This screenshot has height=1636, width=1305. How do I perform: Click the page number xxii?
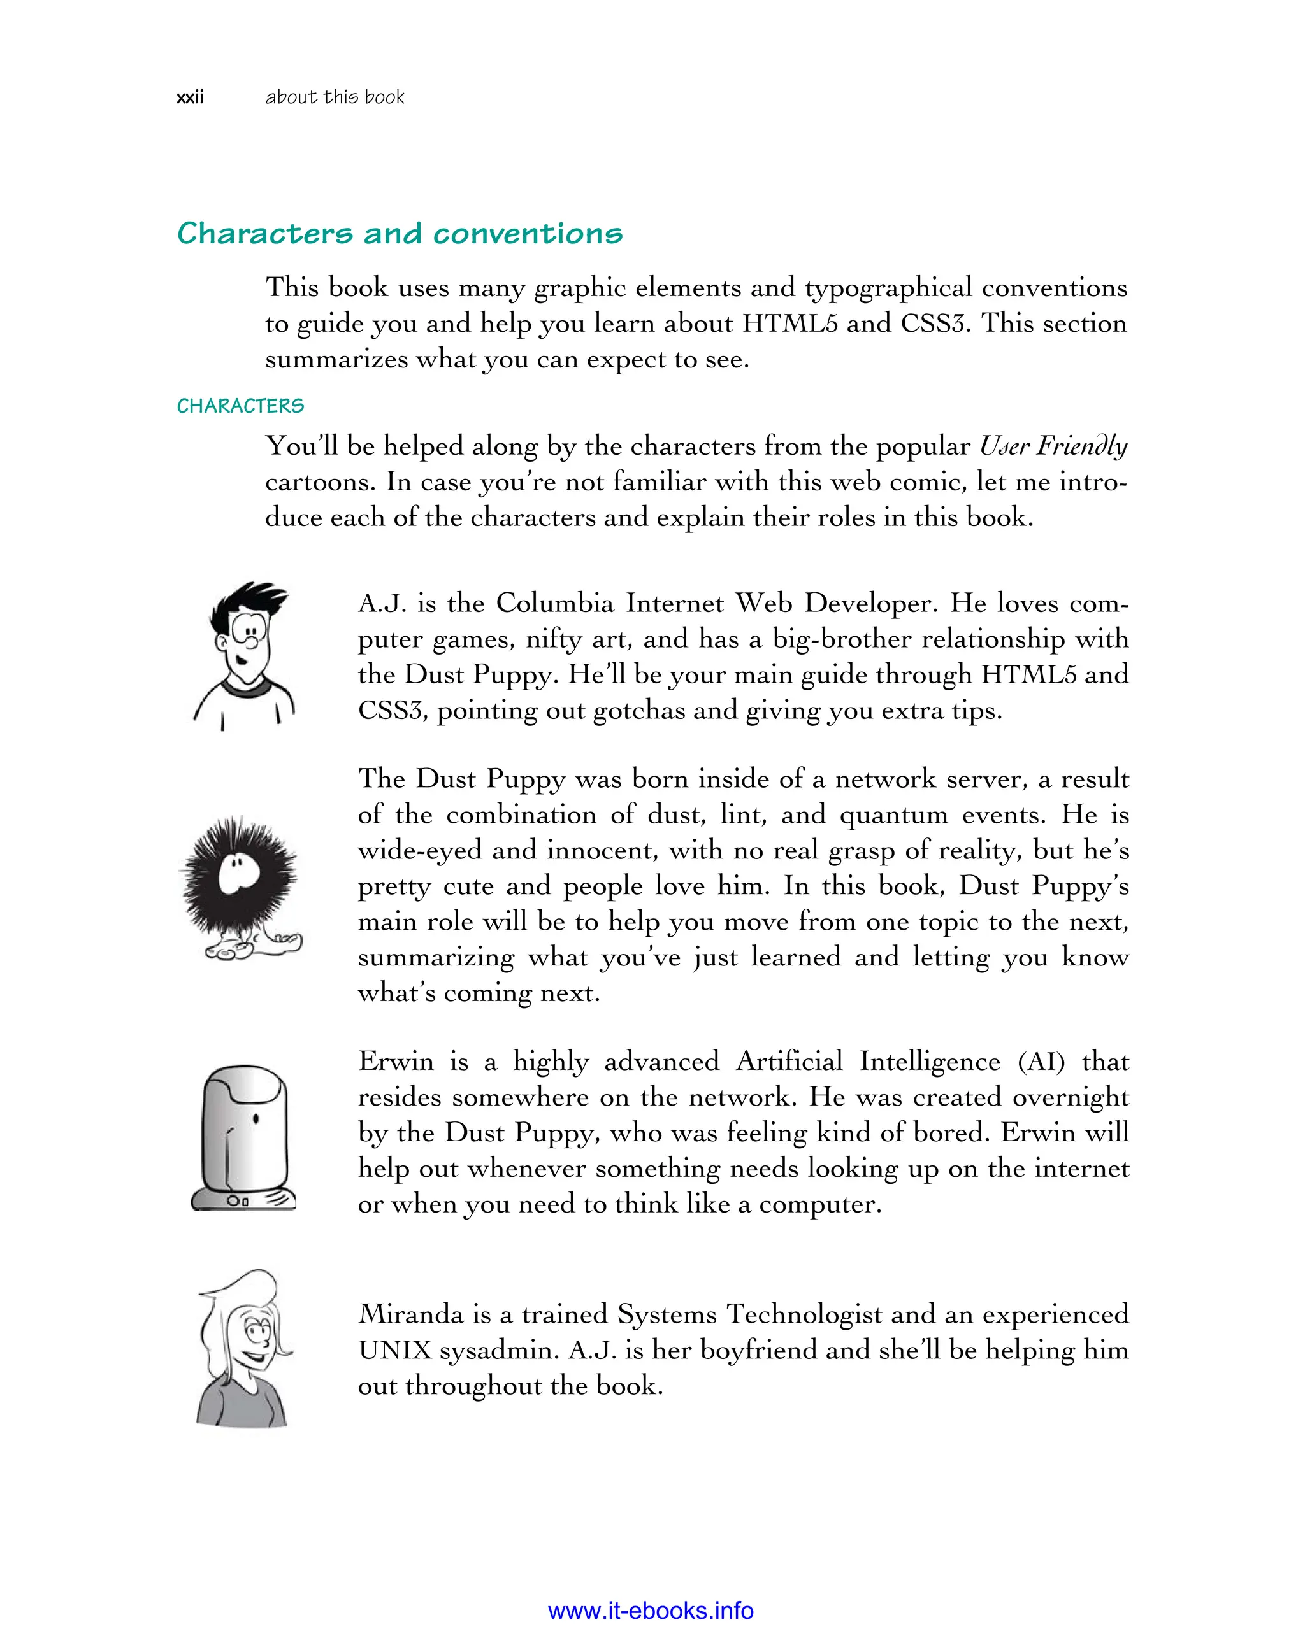pos(190,97)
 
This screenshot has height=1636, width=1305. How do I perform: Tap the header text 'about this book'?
pos(334,97)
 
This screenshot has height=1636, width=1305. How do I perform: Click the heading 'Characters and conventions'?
pos(400,233)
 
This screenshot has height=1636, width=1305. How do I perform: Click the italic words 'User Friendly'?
pos(1052,445)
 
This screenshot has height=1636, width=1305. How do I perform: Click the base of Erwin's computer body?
pos(243,1200)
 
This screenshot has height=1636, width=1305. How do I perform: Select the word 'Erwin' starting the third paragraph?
pos(396,1061)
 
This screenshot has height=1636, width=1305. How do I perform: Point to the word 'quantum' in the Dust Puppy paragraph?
pos(893,814)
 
